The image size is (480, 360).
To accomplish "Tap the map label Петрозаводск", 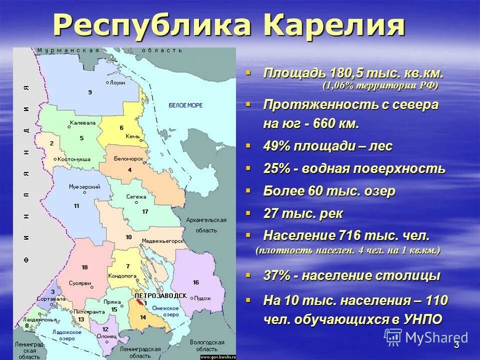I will [x=160, y=296].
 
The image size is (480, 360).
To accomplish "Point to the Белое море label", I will [x=185, y=105].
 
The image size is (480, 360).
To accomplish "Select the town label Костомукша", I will [x=74, y=159].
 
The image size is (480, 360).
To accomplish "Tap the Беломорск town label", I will [x=128, y=158].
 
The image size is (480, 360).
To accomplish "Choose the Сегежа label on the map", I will [x=136, y=197].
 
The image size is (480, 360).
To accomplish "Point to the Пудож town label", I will [x=203, y=298].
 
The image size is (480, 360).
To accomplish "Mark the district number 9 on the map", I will [x=90, y=92].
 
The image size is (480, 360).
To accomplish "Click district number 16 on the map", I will [x=195, y=282].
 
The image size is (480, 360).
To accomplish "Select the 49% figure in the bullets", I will [x=278, y=146].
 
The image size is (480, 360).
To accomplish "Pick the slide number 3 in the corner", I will [x=456, y=346].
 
